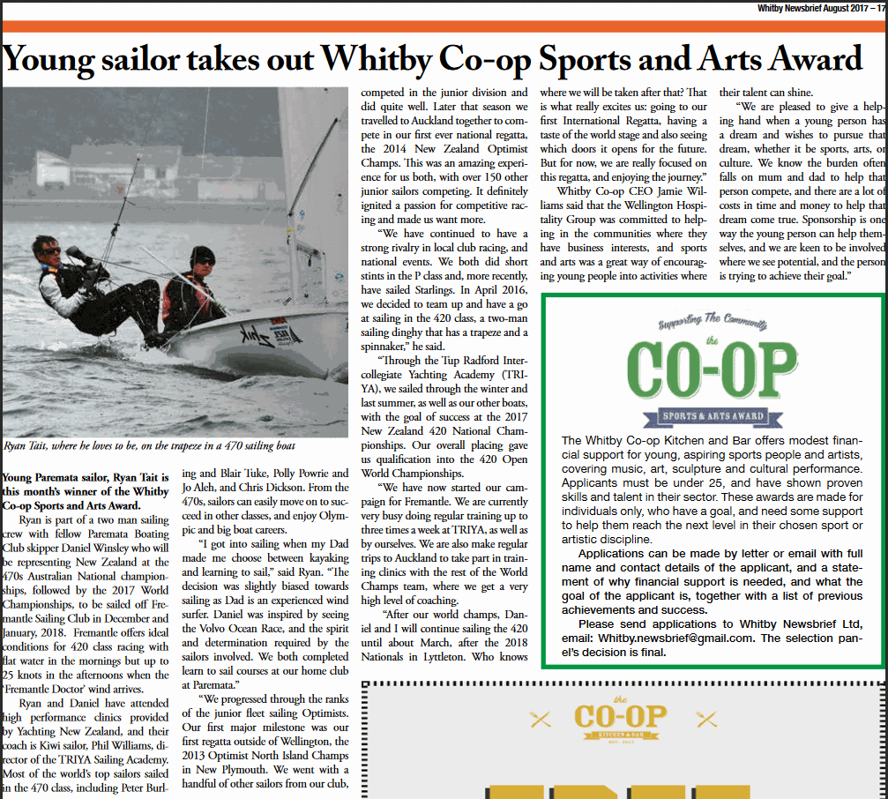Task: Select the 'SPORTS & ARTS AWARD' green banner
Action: click(713, 415)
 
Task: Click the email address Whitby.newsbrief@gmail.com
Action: click(675, 638)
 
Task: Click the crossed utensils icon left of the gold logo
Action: click(541, 719)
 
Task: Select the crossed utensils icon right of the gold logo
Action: click(705, 719)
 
